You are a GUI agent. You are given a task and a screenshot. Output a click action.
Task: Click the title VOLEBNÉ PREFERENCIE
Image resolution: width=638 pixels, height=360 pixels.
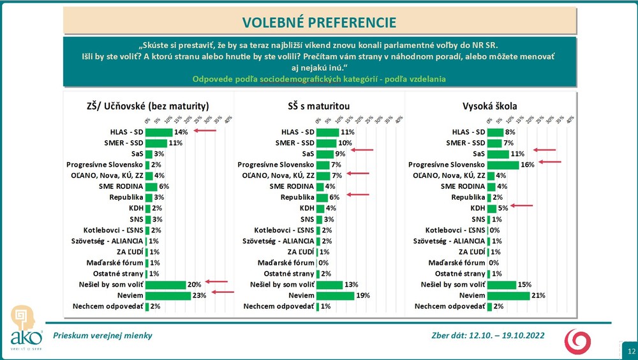point(319,22)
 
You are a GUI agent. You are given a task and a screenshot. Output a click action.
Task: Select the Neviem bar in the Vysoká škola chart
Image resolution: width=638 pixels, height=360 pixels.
point(508,296)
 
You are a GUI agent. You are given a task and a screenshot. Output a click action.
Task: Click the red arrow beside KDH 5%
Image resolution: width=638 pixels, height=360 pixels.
point(522,206)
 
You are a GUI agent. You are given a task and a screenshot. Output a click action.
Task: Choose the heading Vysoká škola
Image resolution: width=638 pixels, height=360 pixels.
point(490,106)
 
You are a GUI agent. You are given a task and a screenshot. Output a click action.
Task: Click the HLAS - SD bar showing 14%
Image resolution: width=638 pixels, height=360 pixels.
point(159,132)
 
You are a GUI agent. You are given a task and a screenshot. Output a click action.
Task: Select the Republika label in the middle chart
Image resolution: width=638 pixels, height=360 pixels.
point(297,197)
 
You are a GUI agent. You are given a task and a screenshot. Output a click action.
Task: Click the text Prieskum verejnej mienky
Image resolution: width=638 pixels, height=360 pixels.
point(102,335)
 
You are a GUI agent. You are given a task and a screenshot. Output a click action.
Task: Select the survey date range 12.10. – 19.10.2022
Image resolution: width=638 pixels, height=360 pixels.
point(488,335)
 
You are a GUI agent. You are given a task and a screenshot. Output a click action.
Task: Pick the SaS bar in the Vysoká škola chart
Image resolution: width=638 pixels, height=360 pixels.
point(498,154)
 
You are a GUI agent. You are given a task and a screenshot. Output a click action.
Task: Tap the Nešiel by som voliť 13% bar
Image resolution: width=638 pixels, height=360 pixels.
point(329,285)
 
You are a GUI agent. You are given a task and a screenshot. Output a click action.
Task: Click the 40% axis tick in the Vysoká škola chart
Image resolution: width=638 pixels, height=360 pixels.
point(570,119)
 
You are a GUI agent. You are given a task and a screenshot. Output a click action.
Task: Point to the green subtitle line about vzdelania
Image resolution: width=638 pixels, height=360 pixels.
point(319,79)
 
